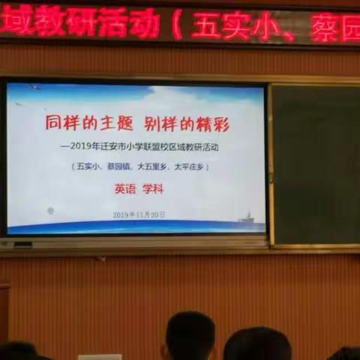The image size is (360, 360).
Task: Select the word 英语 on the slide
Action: coord(125,190)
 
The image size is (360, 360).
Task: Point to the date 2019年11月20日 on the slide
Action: coord(139,214)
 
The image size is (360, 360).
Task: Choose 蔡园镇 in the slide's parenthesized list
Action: coord(115,167)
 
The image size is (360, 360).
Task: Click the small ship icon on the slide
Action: coord(244,217)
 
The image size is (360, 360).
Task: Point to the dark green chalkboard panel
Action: coord(315,165)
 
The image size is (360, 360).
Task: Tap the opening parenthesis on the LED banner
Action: coord(177,25)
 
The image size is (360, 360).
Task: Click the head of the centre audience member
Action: coord(190,335)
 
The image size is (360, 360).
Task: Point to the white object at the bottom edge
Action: coord(99,356)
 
